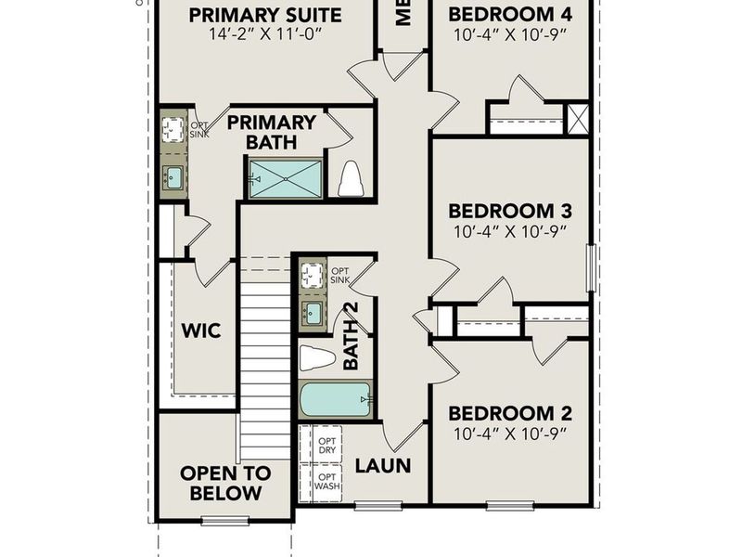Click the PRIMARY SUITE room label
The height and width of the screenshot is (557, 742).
(x=265, y=15)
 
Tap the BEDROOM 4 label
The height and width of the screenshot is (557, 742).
(x=509, y=15)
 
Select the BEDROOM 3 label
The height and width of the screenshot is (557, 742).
(x=509, y=211)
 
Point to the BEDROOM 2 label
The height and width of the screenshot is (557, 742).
(x=509, y=413)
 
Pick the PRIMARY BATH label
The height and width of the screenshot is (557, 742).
(x=272, y=132)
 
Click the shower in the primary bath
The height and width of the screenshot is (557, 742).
(x=285, y=177)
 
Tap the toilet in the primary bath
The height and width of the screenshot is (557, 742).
(x=350, y=179)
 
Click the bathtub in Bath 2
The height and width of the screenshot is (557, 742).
(x=334, y=400)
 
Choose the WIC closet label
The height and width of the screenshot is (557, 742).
(x=200, y=330)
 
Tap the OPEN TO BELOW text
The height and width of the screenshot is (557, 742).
(x=225, y=483)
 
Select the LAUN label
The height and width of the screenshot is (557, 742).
(x=383, y=465)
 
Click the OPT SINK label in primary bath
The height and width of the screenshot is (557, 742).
(x=199, y=129)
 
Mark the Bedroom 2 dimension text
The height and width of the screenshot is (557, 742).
(x=509, y=434)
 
